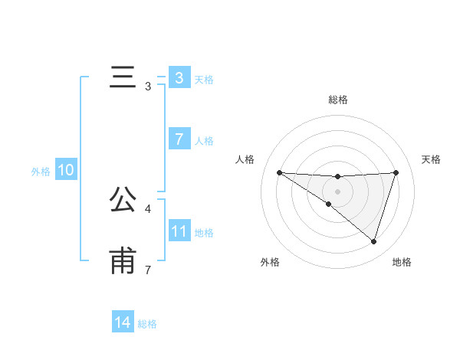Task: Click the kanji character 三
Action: [123, 78]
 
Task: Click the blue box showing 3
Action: [179, 77]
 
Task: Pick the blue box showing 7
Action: [179, 139]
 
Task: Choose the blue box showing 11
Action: [179, 231]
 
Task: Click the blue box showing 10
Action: [66, 170]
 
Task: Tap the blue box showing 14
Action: [123, 323]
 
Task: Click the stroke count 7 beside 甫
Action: [148, 270]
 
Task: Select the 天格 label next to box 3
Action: [204, 79]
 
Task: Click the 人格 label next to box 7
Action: [204, 141]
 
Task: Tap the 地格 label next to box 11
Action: [204, 233]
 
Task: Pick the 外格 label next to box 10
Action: [41, 172]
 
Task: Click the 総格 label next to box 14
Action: [147, 325]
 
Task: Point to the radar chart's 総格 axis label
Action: [338, 100]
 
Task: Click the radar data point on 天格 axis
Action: [396, 172]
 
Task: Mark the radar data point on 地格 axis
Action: [373, 241]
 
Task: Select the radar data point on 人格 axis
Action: [279, 172]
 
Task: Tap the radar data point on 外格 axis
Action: [329, 204]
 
